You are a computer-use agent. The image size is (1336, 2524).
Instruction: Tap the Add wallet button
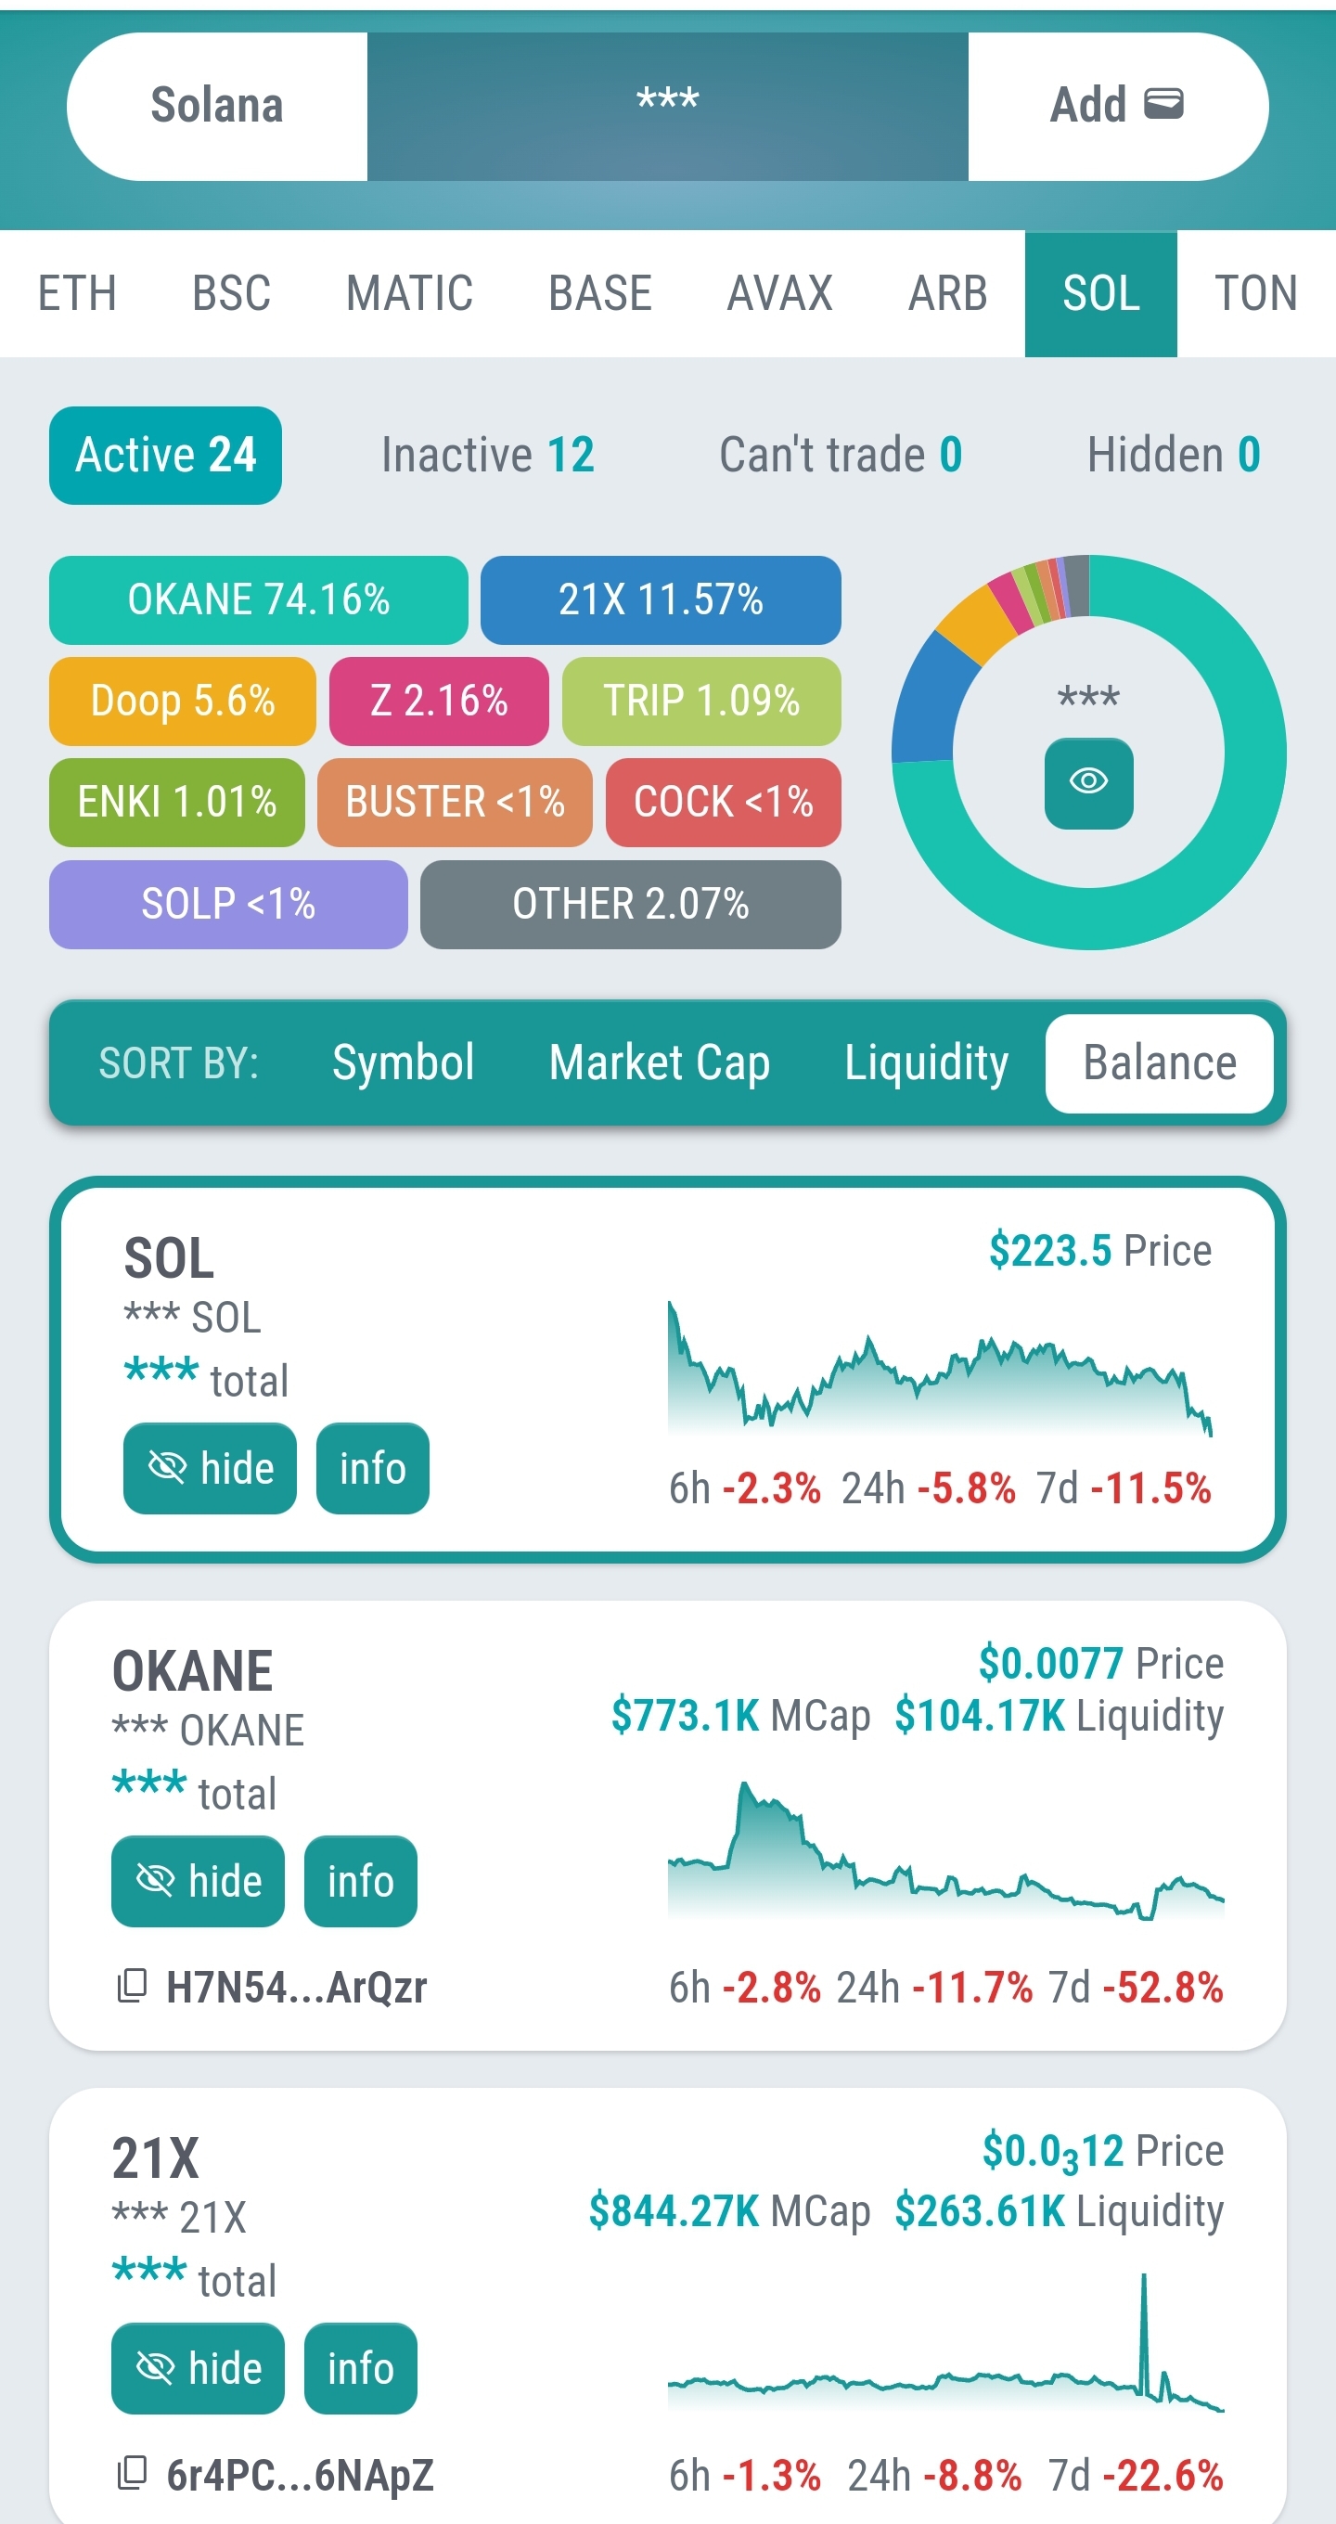click(1117, 106)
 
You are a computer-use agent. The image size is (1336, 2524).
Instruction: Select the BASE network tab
click(599, 294)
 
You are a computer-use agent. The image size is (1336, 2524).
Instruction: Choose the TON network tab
click(1255, 294)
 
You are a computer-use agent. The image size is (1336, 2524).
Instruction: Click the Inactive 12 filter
click(487, 456)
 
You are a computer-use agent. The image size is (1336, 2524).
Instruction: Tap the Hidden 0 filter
click(1173, 456)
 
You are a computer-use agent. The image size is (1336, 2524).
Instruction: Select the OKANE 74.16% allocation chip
click(259, 599)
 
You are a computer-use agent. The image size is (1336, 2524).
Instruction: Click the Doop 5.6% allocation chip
click(182, 702)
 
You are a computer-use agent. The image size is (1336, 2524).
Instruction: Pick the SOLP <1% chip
click(228, 904)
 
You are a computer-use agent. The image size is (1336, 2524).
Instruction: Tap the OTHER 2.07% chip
click(630, 904)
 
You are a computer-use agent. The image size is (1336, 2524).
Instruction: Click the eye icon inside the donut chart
click(1088, 782)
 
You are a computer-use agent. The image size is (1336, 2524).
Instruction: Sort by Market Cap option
click(659, 1063)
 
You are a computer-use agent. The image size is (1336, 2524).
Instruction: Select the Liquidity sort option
click(926, 1063)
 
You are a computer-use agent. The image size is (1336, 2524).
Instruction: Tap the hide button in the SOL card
click(210, 1468)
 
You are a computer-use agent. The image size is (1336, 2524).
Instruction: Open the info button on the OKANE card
click(361, 1881)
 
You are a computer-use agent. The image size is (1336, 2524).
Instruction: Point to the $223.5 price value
click(1050, 1251)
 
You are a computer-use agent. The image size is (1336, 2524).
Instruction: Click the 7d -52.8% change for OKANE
click(1137, 1988)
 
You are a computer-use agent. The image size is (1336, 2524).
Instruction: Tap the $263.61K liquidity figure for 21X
click(980, 2211)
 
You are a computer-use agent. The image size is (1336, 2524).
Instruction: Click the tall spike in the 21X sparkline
click(1143, 2322)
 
